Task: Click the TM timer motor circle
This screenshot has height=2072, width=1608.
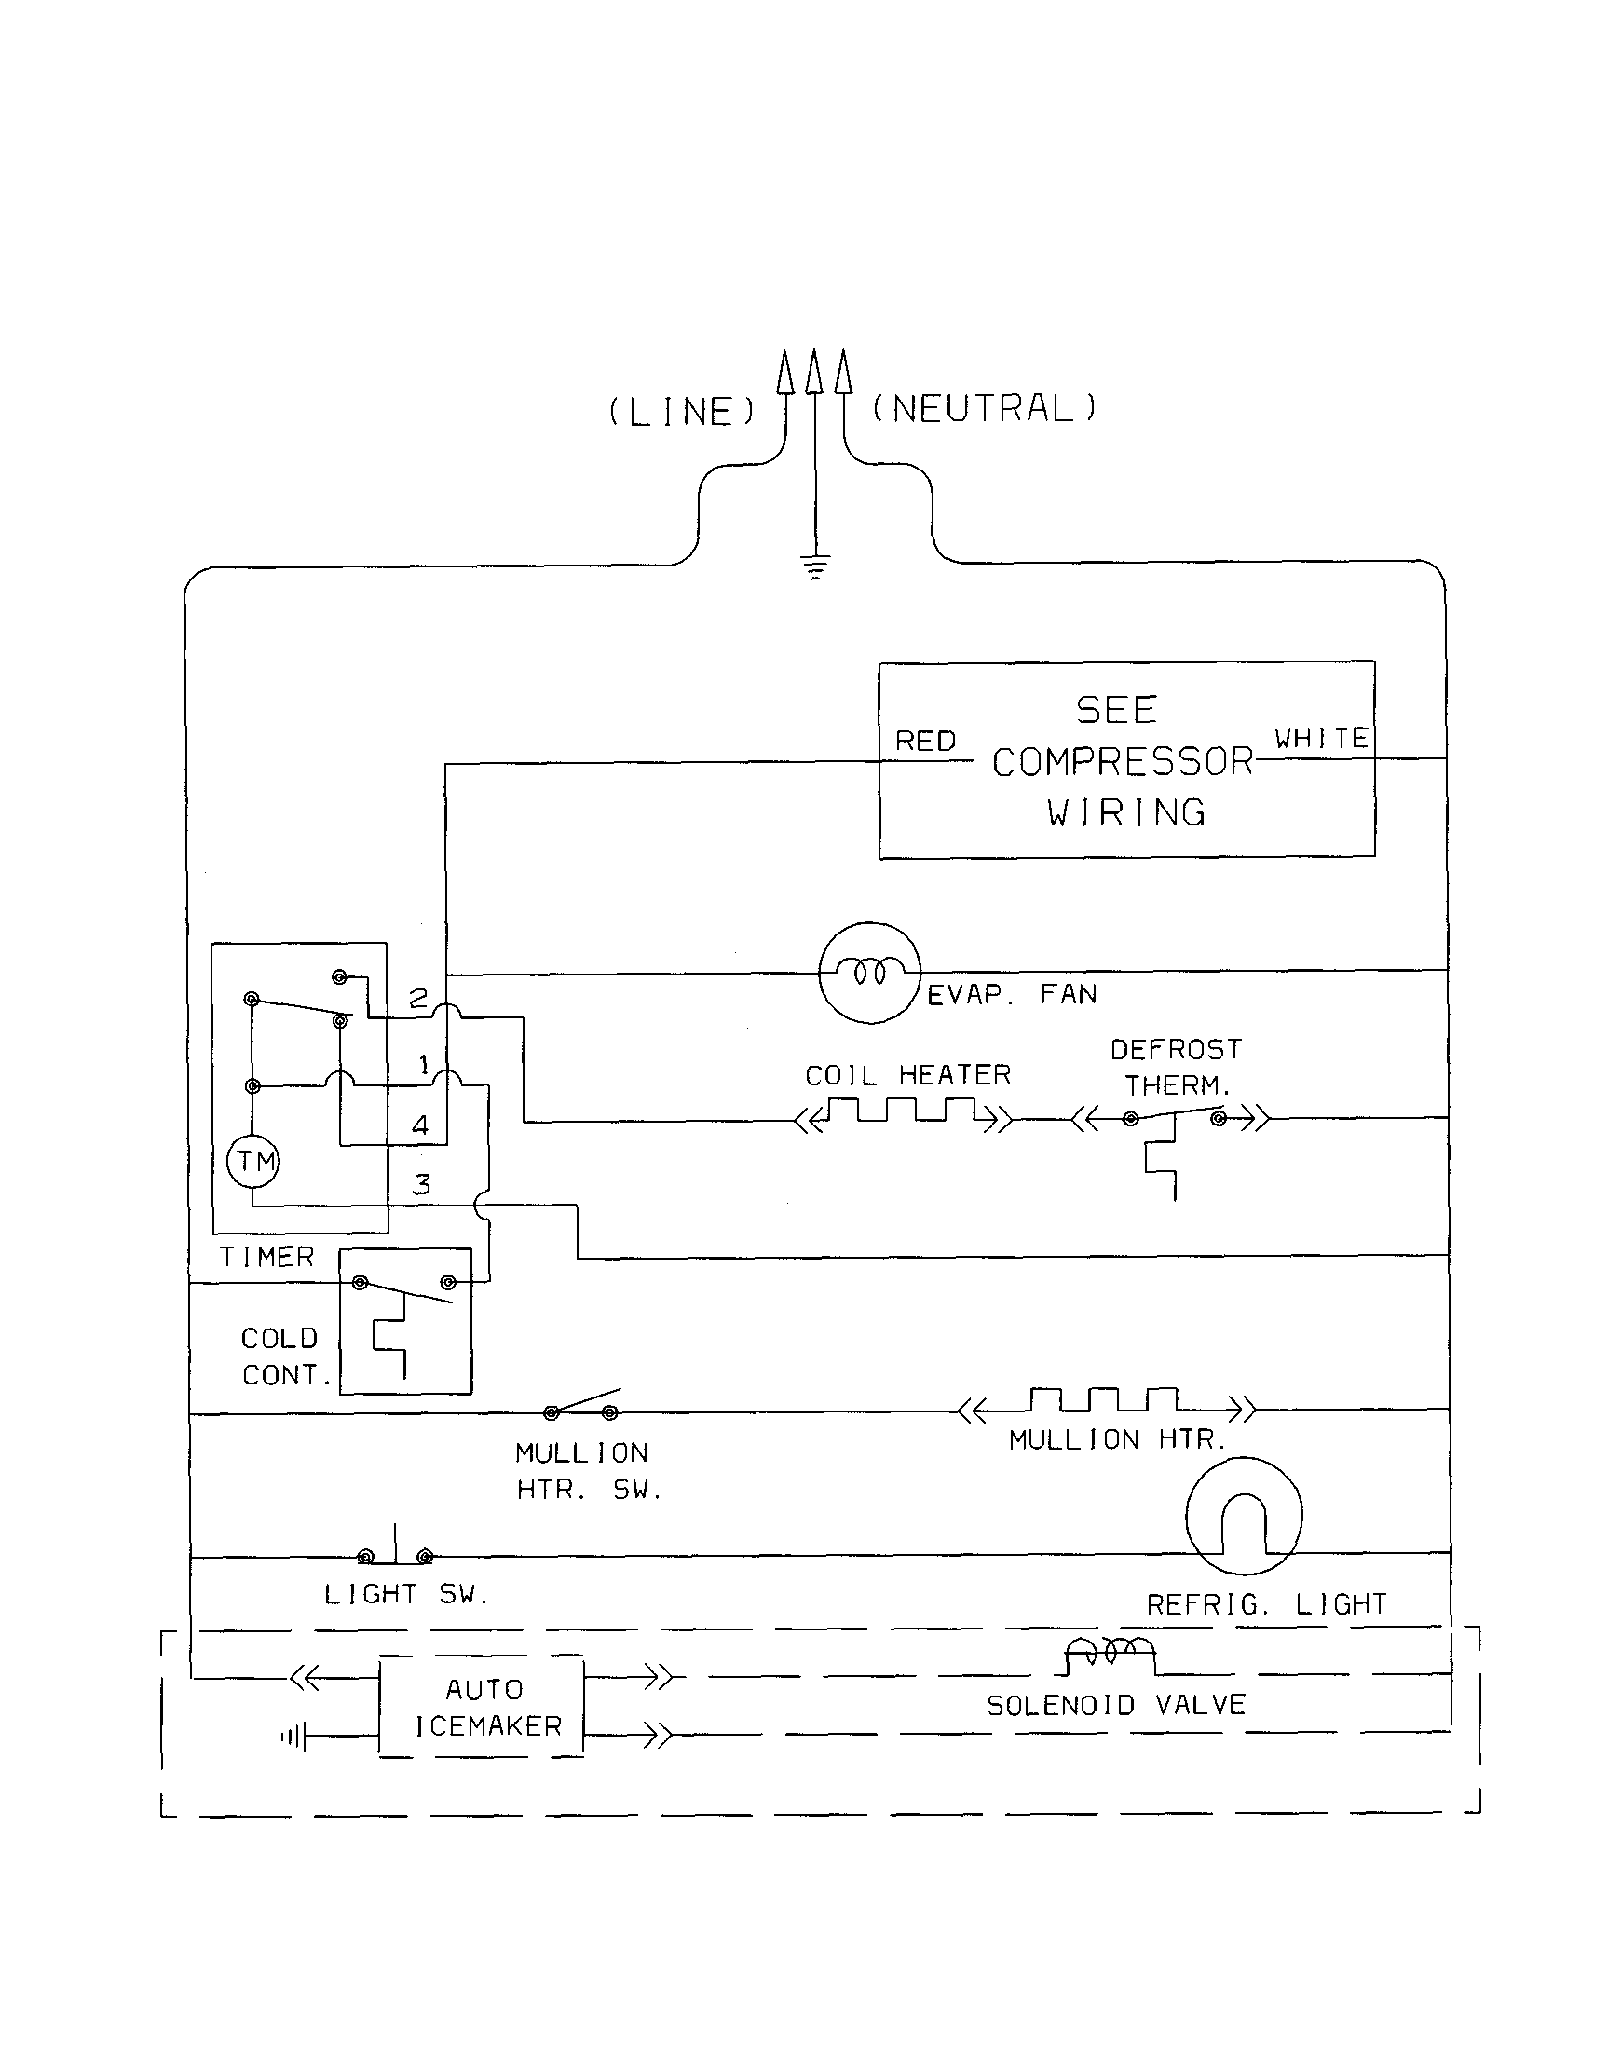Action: pos(253,1161)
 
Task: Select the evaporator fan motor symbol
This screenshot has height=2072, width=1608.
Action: pos(869,973)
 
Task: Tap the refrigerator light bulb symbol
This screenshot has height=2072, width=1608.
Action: pos(1243,1516)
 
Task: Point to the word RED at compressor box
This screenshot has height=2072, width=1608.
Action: pos(925,741)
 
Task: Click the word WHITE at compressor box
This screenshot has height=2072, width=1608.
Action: pos(1320,738)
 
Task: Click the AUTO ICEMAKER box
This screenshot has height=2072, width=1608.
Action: pos(482,1707)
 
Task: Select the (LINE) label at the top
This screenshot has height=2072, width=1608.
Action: pos(681,412)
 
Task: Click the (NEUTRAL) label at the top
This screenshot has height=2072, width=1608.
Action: pos(984,408)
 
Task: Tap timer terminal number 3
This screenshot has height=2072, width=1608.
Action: pos(421,1184)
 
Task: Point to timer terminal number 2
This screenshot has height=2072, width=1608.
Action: pos(418,998)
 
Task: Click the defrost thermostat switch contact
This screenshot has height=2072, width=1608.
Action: pos(1175,1116)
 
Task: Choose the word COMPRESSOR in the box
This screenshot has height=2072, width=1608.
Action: pos(1123,762)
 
